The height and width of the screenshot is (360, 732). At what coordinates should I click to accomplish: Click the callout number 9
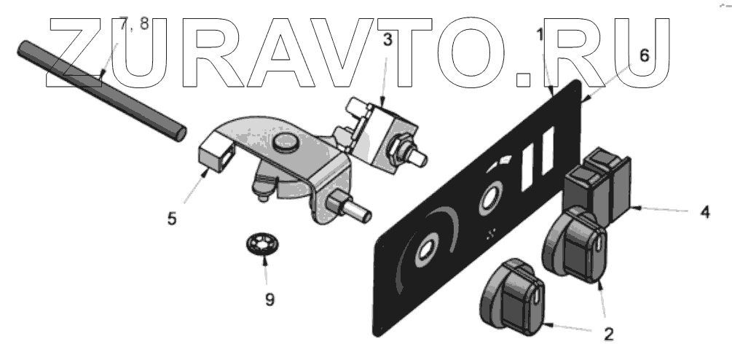click(269, 299)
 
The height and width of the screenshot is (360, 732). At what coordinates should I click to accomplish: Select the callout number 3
click(388, 40)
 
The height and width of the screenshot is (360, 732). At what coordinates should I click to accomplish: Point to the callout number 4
click(705, 214)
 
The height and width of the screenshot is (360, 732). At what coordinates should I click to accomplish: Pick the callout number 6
click(643, 55)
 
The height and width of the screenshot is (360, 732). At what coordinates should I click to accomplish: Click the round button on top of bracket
click(284, 143)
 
